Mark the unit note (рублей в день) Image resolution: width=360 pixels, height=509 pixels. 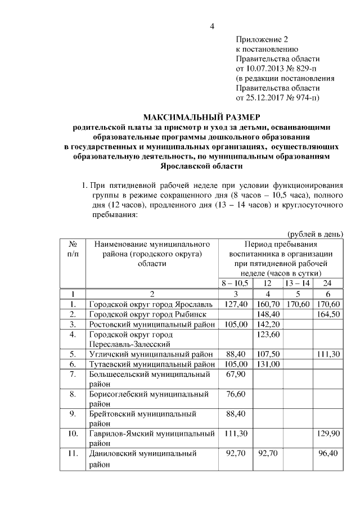coord(314,234)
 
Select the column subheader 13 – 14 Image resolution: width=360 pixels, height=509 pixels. coord(297,282)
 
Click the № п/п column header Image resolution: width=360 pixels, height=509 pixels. coord(73,249)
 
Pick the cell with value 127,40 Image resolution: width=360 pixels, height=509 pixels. coord(236,304)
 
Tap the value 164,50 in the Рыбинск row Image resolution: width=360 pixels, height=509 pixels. coord(328,313)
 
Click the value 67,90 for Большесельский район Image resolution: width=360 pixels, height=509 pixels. coord(236,374)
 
